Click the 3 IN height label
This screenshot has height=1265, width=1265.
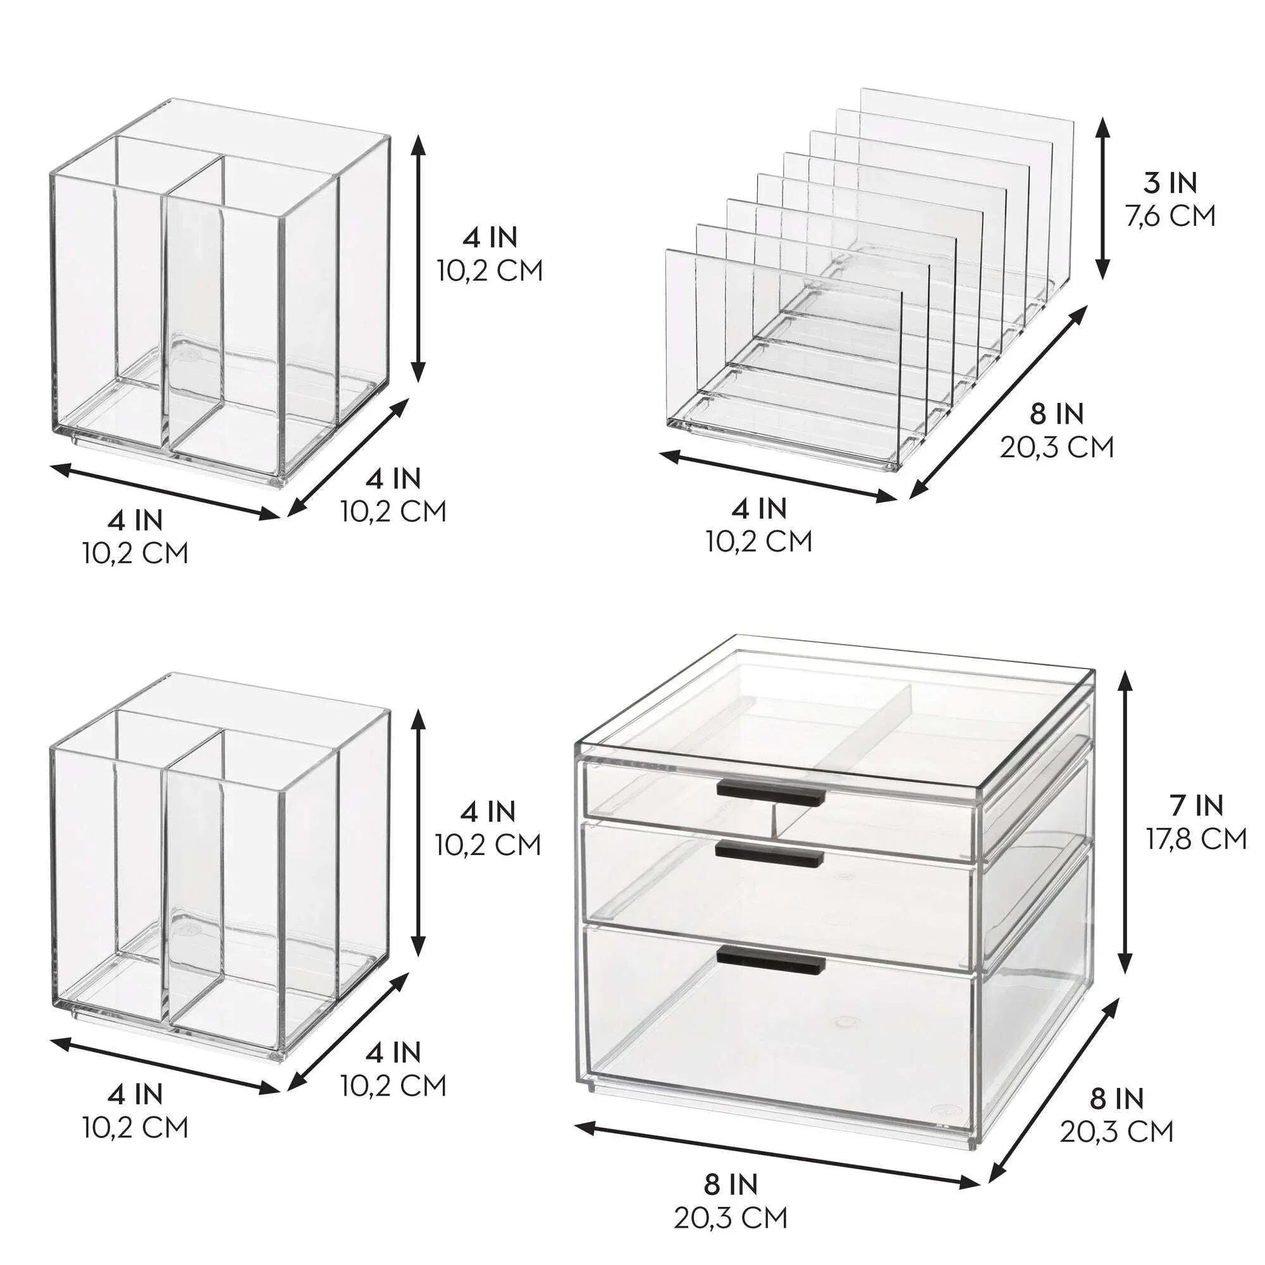pos(1170,184)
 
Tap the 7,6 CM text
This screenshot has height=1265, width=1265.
pos(1170,216)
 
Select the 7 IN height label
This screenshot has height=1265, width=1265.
pos(1196,805)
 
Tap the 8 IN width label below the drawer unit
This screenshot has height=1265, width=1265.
pos(731,1166)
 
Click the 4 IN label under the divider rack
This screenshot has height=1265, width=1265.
pos(760,508)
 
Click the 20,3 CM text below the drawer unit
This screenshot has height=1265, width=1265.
pos(731,1199)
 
